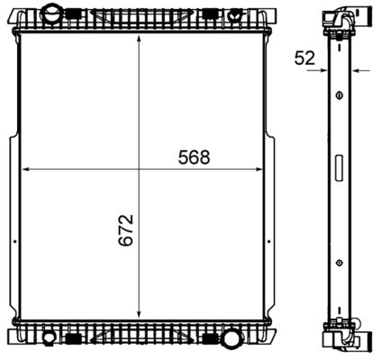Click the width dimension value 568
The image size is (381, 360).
(x=193, y=157)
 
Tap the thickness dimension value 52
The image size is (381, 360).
(x=304, y=58)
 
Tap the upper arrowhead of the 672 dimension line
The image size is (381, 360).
(x=138, y=41)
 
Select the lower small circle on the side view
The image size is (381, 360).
(x=339, y=263)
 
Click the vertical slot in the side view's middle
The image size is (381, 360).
(x=339, y=168)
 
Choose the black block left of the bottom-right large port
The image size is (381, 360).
(x=212, y=339)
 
